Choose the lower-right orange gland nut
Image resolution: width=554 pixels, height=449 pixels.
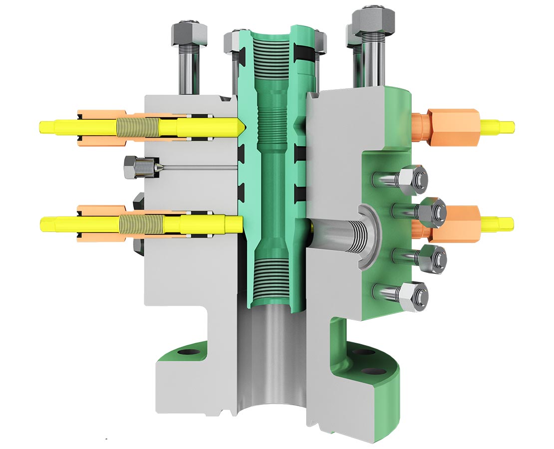coord(455,222)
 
